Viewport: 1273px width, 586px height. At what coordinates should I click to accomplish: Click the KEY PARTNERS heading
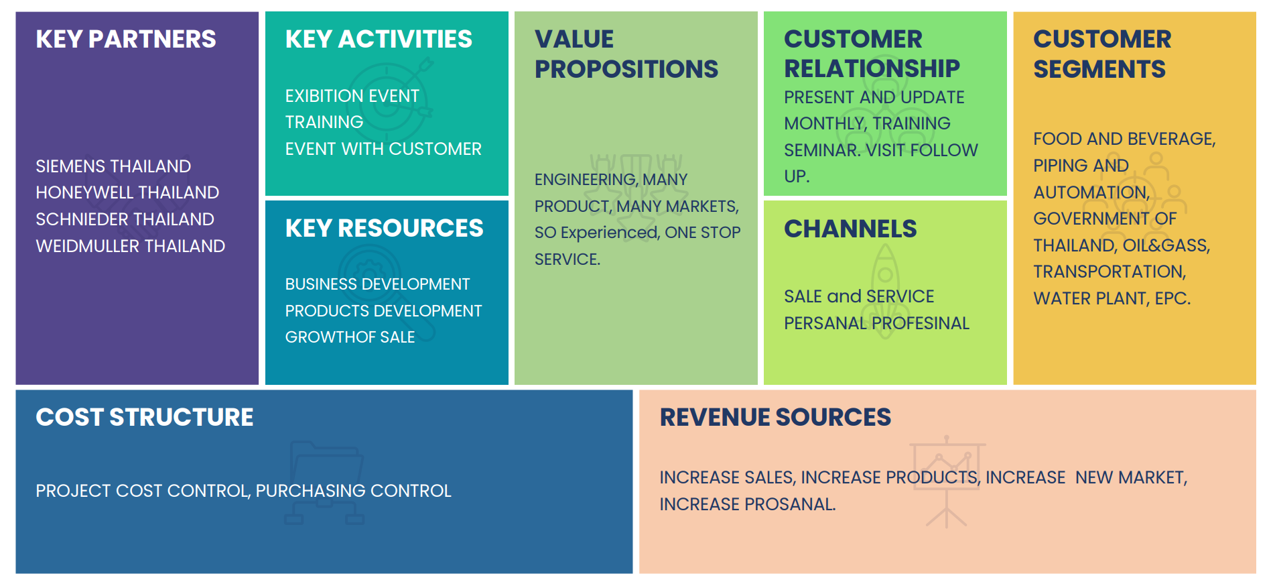pos(126,39)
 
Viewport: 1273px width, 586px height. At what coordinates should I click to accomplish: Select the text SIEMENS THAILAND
pos(113,166)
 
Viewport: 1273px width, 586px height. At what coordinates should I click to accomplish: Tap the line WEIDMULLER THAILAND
pos(131,246)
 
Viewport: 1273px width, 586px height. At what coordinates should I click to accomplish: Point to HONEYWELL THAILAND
pos(127,192)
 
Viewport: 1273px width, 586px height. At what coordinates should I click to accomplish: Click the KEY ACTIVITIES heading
pos(379,39)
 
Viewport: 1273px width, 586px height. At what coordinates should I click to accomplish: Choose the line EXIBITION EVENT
pos(352,96)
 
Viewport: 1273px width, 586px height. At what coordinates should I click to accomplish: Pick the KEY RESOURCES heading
pos(384,228)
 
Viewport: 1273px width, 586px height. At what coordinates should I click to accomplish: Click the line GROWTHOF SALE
pos(350,337)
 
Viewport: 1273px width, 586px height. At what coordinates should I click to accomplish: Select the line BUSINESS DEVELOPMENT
pos(378,284)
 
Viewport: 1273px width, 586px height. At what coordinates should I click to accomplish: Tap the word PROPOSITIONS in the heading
pos(626,69)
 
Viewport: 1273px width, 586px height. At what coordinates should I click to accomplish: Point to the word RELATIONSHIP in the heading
pos(872,68)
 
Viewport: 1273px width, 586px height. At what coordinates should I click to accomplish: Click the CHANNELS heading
pos(850,229)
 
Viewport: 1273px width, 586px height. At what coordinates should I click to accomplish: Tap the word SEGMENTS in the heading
pos(1099,69)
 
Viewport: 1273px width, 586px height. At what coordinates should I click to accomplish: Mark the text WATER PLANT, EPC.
pos(1112,298)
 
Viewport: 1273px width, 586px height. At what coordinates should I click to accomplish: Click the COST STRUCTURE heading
pos(145,417)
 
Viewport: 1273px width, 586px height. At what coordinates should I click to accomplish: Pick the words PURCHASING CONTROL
pos(354,491)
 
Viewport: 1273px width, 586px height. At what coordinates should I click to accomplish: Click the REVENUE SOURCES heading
pos(775,417)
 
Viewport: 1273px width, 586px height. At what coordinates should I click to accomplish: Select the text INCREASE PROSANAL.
pos(748,504)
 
